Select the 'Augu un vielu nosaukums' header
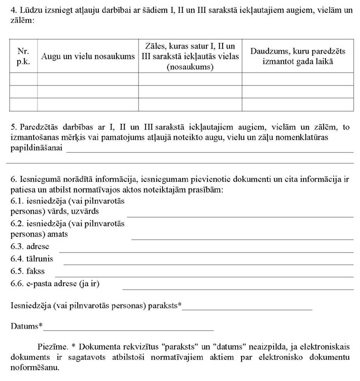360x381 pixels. point(88,56)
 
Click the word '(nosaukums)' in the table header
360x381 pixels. point(190,66)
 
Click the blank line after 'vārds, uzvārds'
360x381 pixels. point(240,215)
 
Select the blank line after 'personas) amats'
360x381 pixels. point(242,238)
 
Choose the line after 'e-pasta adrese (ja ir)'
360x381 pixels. point(238,288)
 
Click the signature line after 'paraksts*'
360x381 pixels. point(247,308)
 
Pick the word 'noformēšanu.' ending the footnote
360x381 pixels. point(35,368)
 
